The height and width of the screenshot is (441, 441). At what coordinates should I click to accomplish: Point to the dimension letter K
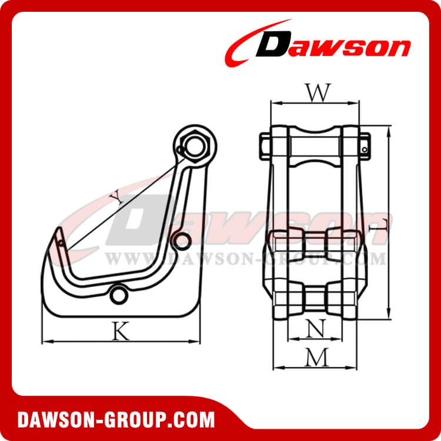click(121, 332)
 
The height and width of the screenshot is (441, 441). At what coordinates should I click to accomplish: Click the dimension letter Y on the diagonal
click(119, 198)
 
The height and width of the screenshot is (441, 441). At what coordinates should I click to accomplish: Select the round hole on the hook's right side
click(182, 240)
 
